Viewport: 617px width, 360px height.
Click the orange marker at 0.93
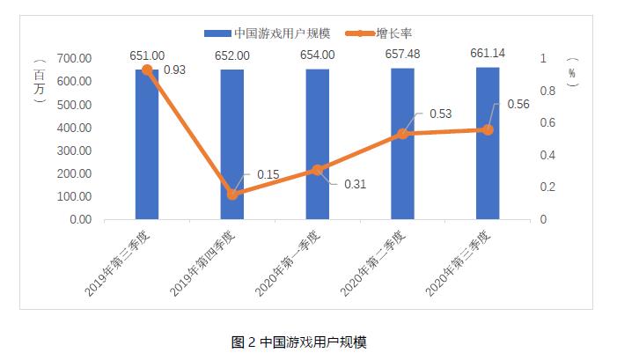tap(147, 70)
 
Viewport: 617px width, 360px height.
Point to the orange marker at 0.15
tap(232, 195)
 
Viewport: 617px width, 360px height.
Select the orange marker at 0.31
tap(318, 169)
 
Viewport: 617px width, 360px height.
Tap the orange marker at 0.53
tap(402, 134)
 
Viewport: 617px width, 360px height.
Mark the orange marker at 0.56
tap(488, 129)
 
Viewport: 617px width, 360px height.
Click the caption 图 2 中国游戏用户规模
tap(308, 342)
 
